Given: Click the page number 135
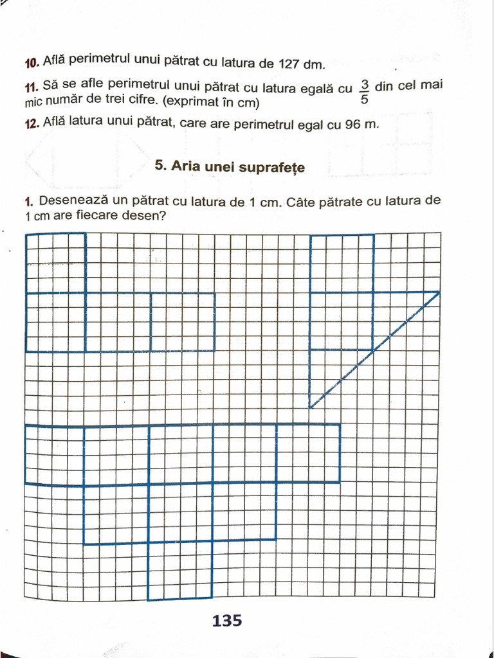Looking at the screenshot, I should [226, 621].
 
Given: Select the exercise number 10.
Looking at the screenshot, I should [32, 62].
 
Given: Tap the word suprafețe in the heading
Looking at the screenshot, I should [273, 168].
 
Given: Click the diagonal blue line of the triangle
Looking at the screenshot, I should [374, 350].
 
